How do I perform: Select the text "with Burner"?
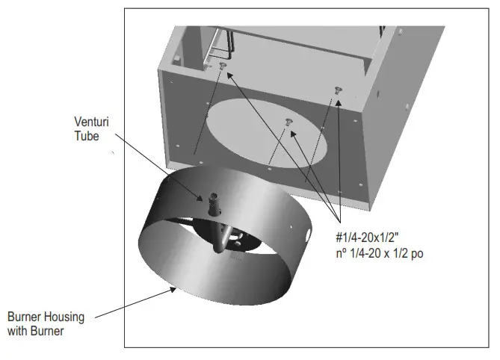(35, 330)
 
